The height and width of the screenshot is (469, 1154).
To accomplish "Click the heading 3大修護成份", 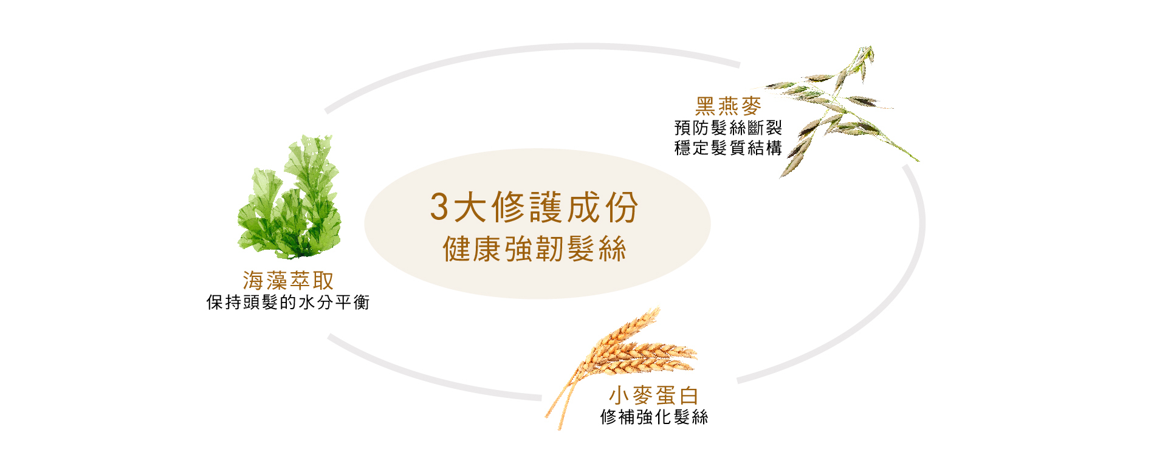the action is click(x=534, y=207).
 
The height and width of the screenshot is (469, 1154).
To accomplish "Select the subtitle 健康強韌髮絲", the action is click(x=535, y=249).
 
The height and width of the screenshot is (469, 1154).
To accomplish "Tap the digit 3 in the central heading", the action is click(x=439, y=207).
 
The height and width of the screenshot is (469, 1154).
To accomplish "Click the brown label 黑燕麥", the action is click(x=728, y=106).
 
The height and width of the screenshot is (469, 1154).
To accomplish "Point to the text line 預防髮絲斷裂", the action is click(x=728, y=128).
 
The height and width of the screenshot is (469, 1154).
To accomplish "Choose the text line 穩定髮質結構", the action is click(x=728, y=148).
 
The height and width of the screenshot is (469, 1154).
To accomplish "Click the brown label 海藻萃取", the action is click(x=288, y=281).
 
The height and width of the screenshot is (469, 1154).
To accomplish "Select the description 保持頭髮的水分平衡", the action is click(x=288, y=303).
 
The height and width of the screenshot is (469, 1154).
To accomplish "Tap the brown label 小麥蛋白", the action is click(x=654, y=395).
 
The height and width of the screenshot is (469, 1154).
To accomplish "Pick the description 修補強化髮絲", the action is click(x=654, y=417).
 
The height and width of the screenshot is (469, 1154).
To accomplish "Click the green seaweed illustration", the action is click(x=289, y=196).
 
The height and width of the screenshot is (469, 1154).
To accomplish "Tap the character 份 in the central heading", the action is click(x=622, y=207).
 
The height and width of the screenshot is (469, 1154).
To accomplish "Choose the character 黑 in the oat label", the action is click(x=706, y=106).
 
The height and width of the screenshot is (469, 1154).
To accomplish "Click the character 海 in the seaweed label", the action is click(x=253, y=281).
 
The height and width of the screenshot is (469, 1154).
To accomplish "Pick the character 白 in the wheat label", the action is click(x=689, y=395).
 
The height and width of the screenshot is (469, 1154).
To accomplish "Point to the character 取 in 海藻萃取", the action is click(x=324, y=281).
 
